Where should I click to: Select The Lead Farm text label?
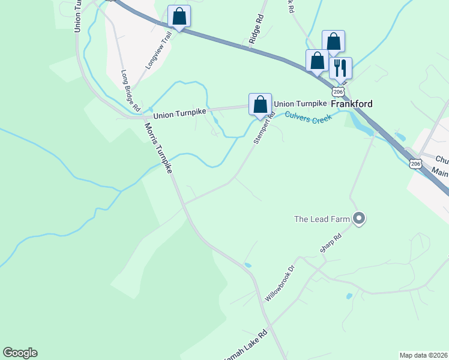pyautogui.click(x=321, y=219)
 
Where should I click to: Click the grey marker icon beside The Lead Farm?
pyautogui.click(x=359, y=218)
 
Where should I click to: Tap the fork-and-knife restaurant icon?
pyautogui.click(x=340, y=68)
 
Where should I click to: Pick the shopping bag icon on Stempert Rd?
pyautogui.click(x=260, y=104)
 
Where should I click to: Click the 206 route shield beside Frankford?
pyautogui.click(x=339, y=91)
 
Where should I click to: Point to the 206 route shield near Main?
pyautogui.click(x=414, y=163)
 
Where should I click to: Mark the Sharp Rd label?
pyautogui.click(x=330, y=247)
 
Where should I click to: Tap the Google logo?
pyautogui.click(x=20, y=353)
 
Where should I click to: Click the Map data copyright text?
pyautogui.click(x=424, y=355)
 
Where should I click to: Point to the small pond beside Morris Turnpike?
pyautogui.click(x=248, y=265)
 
